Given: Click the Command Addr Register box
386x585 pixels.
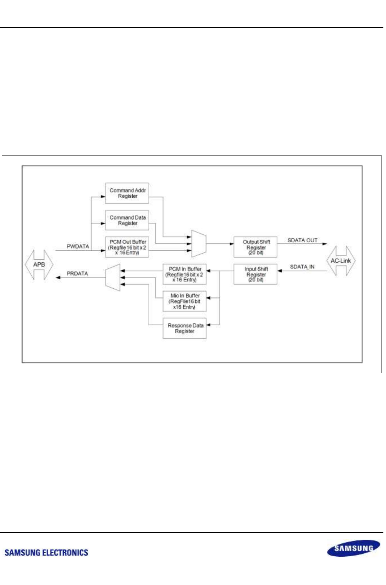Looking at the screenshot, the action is tap(127, 193).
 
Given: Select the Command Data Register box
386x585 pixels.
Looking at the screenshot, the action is tap(127, 220).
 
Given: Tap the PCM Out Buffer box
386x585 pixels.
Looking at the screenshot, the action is tap(127, 247).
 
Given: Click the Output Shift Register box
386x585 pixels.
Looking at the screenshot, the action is tap(255, 247).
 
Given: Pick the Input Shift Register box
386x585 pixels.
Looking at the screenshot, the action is tap(255, 274).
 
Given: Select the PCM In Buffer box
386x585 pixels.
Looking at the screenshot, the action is tap(184, 274).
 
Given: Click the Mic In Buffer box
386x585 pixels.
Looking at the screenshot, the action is tap(184, 301).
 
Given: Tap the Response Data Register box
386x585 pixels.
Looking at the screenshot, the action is tap(184, 328).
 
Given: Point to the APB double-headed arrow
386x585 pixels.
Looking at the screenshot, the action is tap(39, 265).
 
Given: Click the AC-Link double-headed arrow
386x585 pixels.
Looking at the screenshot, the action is tap(341, 261).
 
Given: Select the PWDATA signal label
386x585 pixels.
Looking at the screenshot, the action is tap(78, 246).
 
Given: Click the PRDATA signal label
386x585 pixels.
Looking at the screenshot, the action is tap(77, 274).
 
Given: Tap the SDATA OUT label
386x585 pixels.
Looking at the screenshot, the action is tap(302, 240).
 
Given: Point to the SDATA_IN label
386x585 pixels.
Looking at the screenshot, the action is tap(302, 267).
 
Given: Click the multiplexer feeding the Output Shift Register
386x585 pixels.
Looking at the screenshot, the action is tap(199, 243).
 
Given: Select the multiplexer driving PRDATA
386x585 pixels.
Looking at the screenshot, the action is tap(113, 277).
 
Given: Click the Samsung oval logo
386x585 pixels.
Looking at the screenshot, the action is tap(353, 548).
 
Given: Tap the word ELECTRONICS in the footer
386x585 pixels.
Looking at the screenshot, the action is tap(65, 553).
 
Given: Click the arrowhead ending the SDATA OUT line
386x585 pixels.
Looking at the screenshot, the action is tap(325, 244).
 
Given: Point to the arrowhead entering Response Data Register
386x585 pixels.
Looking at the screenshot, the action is tap(208, 325).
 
